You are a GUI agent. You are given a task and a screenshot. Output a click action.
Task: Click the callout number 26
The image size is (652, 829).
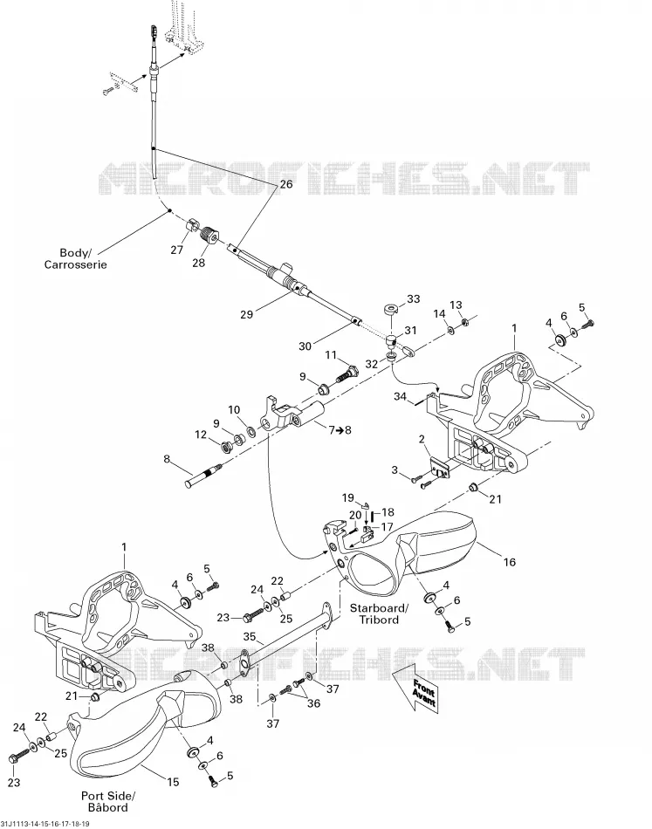point(285,184)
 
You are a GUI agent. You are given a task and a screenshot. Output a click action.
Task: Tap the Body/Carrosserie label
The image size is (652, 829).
point(75,259)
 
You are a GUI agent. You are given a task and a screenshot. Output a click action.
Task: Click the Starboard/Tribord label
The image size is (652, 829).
point(379,613)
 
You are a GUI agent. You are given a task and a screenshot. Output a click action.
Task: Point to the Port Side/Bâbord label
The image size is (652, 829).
point(108,801)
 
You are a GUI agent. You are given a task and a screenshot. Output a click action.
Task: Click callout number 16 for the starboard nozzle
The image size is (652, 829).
point(509,562)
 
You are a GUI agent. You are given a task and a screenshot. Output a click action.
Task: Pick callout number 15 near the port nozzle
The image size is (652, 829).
point(173,782)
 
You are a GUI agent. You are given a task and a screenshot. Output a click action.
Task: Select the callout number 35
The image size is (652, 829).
point(250,636)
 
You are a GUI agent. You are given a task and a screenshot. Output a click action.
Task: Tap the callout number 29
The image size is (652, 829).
point(246,314)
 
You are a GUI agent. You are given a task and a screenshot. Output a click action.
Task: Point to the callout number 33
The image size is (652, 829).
point(413,298)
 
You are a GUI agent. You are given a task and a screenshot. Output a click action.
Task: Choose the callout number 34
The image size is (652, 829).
point(400,396)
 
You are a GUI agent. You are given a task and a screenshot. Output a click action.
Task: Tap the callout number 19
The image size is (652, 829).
point(347,498)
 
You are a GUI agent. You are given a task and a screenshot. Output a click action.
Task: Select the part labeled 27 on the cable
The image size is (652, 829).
point(193,226)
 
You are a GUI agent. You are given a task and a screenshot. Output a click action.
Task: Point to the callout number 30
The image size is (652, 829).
point(305,346)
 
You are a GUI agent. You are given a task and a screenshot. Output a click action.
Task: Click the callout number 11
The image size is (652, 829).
point(330,355)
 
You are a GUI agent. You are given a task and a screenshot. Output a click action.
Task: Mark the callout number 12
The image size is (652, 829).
point(201,435)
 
